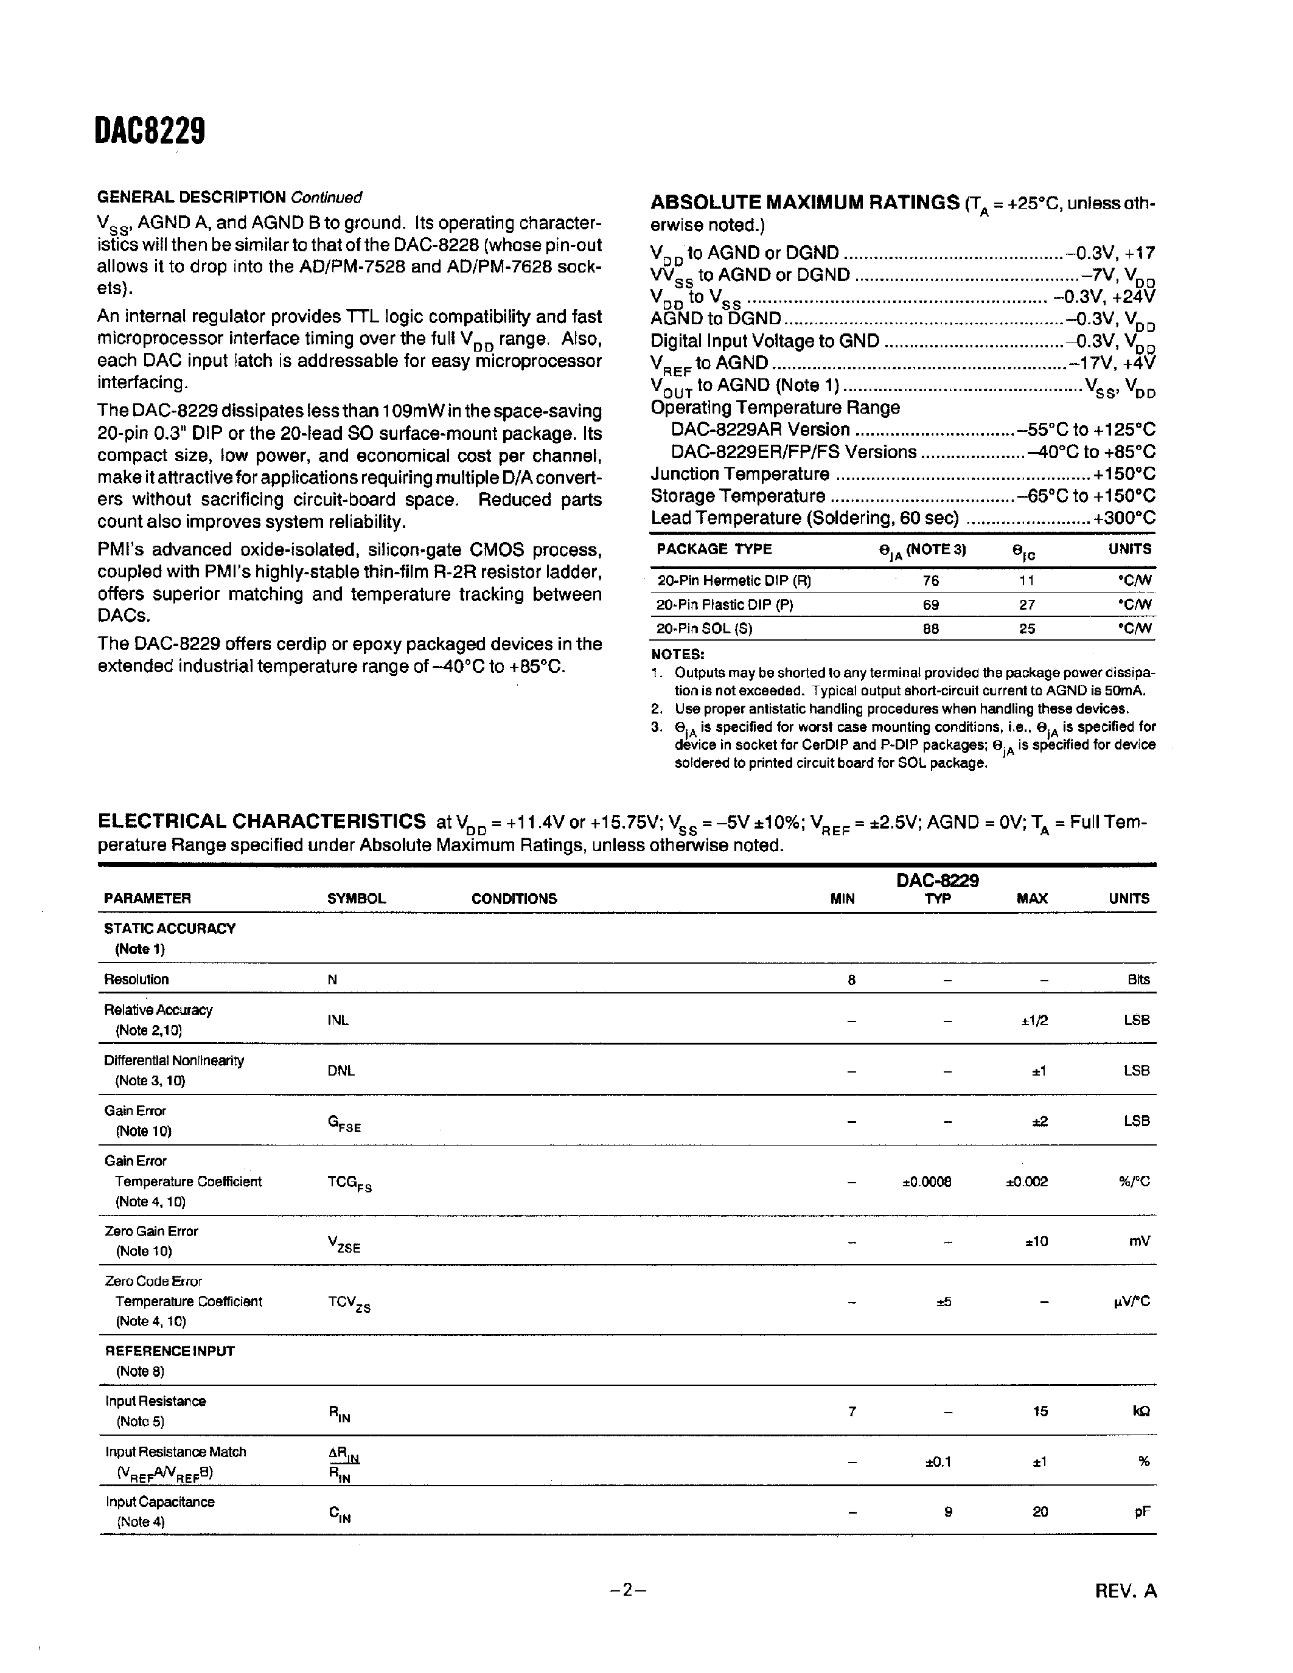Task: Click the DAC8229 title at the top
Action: pos(150,133)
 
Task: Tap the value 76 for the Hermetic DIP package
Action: pos(931,580)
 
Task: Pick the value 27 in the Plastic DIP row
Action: pos(1027,605)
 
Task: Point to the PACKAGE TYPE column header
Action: pos(714,549)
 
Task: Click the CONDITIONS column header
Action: pos(514,899)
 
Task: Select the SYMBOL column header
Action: pos(356,899)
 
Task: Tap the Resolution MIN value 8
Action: pos(851,979)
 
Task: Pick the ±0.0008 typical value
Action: pos(927,1181)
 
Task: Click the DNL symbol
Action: pos(341,1071)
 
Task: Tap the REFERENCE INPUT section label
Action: pos(169,1351)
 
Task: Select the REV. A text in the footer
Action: pos(1125,1591)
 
